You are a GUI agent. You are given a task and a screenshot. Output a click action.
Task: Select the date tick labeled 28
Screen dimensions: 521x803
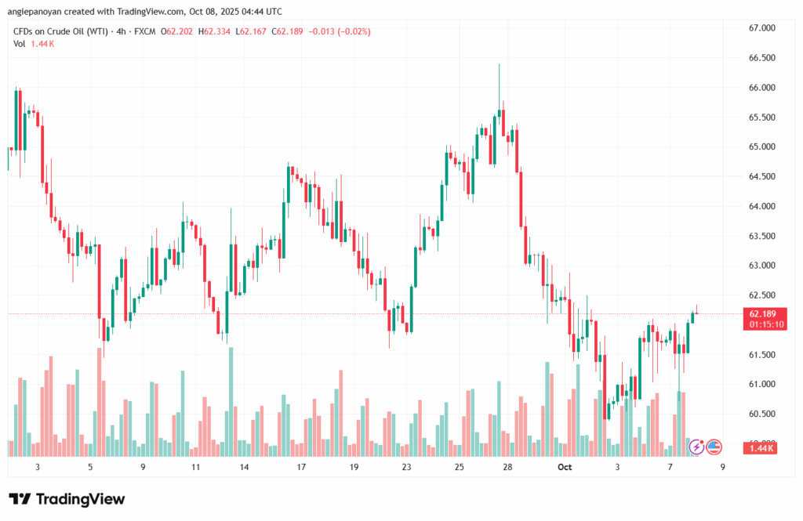click(508, 467)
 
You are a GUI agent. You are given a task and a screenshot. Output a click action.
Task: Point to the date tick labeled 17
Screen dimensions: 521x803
click(301, 467)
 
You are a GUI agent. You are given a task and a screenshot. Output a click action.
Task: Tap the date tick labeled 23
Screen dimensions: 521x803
click(406, 467)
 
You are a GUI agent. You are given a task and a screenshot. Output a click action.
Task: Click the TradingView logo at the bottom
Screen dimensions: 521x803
click(67, 499)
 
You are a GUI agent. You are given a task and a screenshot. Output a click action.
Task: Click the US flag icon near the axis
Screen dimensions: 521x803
click(714, 447)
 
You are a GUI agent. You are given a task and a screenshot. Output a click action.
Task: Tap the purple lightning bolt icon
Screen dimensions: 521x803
click(696, 447)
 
